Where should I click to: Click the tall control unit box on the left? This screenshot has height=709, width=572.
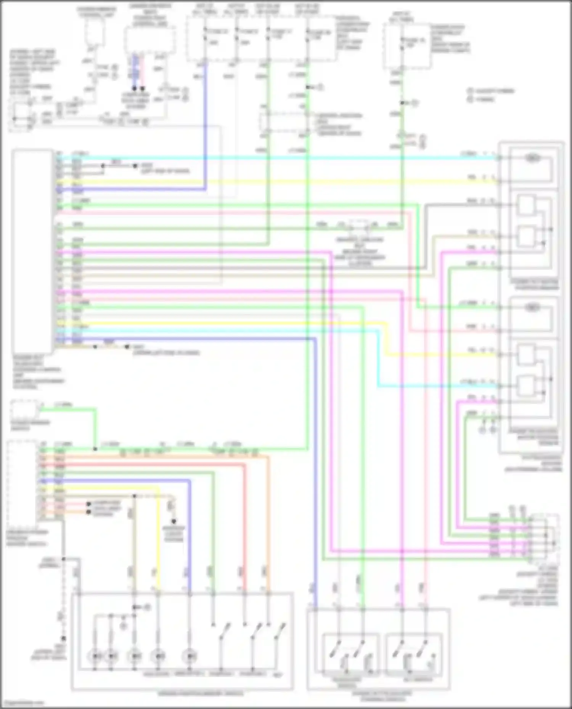pos(32,251)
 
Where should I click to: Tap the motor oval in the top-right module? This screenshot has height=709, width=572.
pos(532,158)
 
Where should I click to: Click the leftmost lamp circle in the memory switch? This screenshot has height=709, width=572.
pos(95,656)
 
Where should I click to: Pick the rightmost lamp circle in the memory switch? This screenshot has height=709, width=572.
pos(190,656)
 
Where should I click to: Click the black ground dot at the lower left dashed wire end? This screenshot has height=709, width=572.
pos(64,639)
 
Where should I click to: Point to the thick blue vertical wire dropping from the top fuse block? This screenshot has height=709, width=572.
pos(206,126)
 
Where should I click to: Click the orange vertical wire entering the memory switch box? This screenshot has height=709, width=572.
pos(268,533)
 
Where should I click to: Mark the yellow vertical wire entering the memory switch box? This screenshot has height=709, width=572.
pos(158,541)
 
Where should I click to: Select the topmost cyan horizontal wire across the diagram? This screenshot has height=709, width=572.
pos(267,157)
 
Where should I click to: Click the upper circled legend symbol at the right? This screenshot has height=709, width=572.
pos(470,91)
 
